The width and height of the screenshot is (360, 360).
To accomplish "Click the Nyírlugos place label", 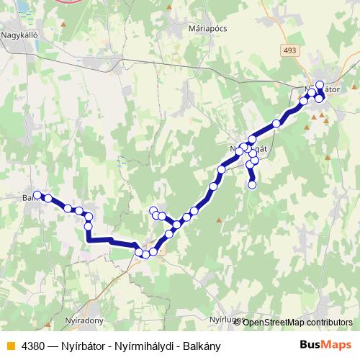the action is pyautogui.click(x=223, y=318).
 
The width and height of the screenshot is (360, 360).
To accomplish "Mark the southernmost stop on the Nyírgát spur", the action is pyautogui.click(x=252, y=186).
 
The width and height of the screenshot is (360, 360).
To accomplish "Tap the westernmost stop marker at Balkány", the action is pyautogui.click(x=37, y=194).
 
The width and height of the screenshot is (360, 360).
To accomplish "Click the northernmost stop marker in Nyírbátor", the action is pyautogui.click(x=320, y=85).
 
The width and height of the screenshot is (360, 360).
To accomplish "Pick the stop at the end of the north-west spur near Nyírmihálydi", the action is pyautogui.click(x=153, y=210).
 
